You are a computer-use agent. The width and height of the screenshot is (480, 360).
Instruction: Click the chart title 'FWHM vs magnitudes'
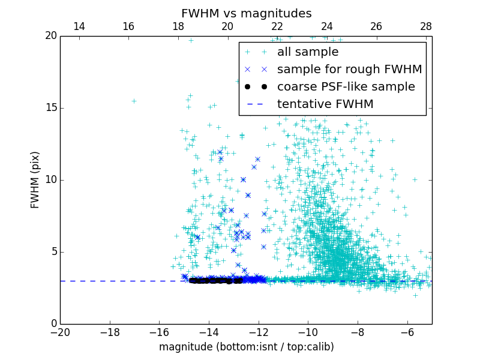[246, 13]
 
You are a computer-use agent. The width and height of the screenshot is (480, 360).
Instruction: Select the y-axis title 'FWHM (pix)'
[35, 180]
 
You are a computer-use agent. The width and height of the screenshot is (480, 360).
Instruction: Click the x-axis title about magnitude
[246, 347]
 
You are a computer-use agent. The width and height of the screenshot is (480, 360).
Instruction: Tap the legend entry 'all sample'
[307, 52]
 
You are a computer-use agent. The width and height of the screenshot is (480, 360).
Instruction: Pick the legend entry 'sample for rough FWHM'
[349, 70]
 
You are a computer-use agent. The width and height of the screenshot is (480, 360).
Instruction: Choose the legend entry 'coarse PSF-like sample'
[346, 87]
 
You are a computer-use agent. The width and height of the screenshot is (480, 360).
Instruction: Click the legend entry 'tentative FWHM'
[325, 104]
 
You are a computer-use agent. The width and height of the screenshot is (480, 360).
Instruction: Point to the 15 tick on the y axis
[50, 108]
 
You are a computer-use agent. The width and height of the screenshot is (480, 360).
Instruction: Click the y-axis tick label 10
[50, 180]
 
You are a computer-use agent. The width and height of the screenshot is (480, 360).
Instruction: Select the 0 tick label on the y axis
[53, 324]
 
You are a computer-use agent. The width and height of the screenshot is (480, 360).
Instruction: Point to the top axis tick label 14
[79, 26]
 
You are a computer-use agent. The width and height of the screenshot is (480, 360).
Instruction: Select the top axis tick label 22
[277, 26]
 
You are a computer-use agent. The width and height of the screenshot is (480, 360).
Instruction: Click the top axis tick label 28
[426, 26]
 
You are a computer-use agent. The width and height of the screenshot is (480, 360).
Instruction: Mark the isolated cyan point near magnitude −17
[134, 101]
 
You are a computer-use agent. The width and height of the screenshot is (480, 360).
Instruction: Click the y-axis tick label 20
[50, 36]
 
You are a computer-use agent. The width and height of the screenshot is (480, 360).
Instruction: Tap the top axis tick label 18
[178, 26]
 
